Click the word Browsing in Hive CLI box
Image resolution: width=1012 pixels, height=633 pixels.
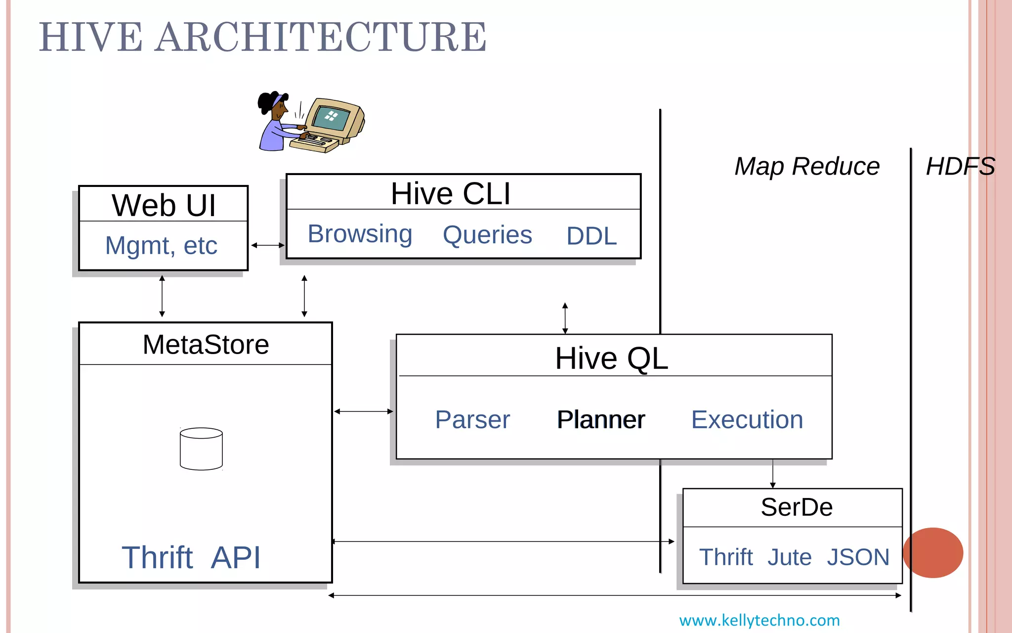[360, 234]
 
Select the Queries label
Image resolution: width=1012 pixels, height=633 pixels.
[487, 235]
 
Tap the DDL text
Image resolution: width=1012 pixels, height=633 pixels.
[591, 236]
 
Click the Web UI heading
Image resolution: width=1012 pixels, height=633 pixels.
[164, 205]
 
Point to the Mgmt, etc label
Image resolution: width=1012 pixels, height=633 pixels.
[161, 245]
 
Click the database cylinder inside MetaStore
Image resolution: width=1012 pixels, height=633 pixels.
[201, 449]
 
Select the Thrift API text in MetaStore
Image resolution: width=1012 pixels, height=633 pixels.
[191, 557]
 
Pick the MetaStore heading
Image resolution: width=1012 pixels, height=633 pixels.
[206, 344]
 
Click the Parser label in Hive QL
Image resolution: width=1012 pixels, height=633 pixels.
[472, 420]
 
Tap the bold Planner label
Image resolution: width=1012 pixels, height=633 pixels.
[601, 420]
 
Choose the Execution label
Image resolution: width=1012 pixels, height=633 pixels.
[747, 420]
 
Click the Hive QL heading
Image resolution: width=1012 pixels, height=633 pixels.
[611, 358]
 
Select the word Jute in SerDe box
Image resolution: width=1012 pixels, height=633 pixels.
[789, 557]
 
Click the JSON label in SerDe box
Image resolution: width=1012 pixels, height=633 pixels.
[858, 557]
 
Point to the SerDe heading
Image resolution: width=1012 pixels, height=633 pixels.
[797, 507]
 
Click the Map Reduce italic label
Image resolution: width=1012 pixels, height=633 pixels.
[807, 166]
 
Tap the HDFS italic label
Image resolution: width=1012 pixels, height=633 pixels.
[960, 166]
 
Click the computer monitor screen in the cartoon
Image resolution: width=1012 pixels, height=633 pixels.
[331, 118]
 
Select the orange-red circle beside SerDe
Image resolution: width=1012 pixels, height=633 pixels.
[933, 552]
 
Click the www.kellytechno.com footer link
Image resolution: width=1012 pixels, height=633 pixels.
[759, 620]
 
